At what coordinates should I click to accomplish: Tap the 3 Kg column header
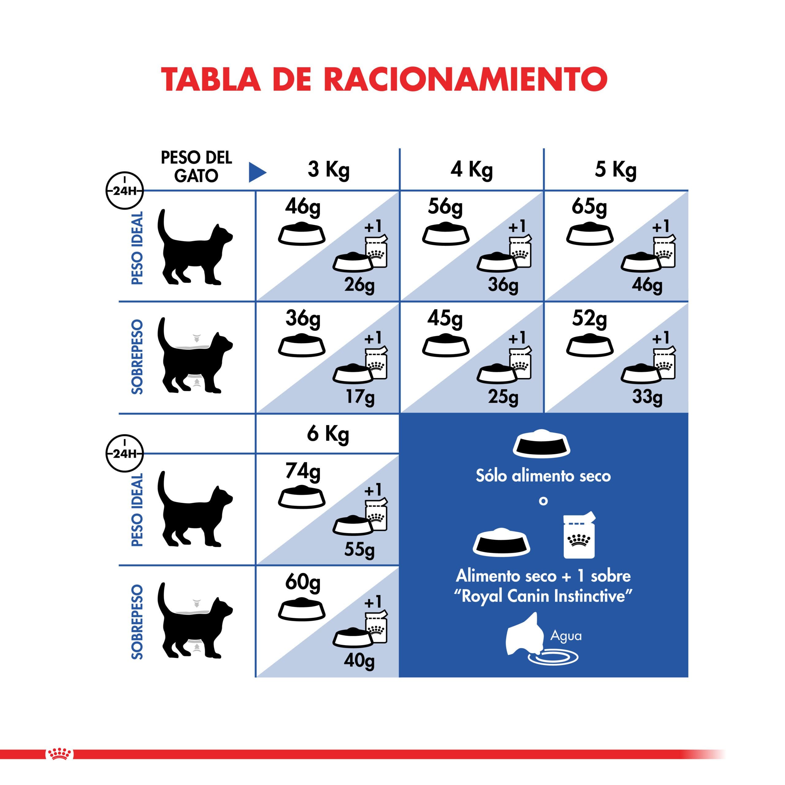[328, 170]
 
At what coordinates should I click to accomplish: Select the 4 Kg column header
[471, 170]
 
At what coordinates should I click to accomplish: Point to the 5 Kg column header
[615, 170]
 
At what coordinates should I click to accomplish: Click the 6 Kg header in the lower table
[328, 434]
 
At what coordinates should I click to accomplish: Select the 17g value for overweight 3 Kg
[360, 396]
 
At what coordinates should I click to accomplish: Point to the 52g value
[589, 319]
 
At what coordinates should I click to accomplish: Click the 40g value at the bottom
[359, 661]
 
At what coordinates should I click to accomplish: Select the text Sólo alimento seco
[543, 476]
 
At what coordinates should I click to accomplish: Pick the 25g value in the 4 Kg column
[503, 396]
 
